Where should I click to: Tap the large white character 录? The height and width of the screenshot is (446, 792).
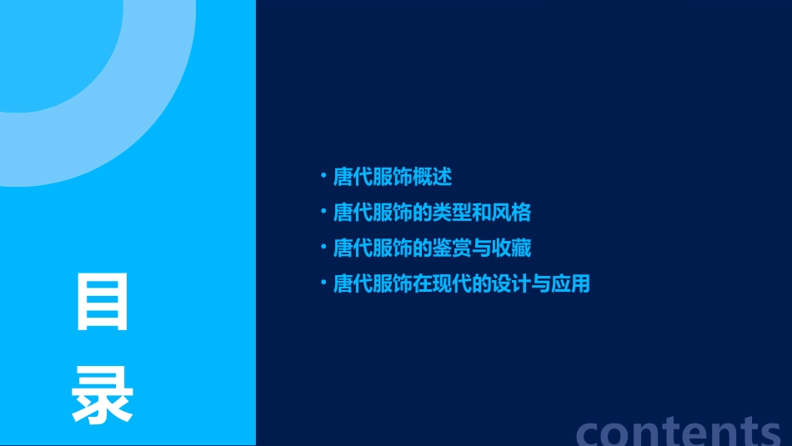(103, 398)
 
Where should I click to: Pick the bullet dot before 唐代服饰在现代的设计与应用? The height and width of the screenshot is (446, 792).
(323, 283)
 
